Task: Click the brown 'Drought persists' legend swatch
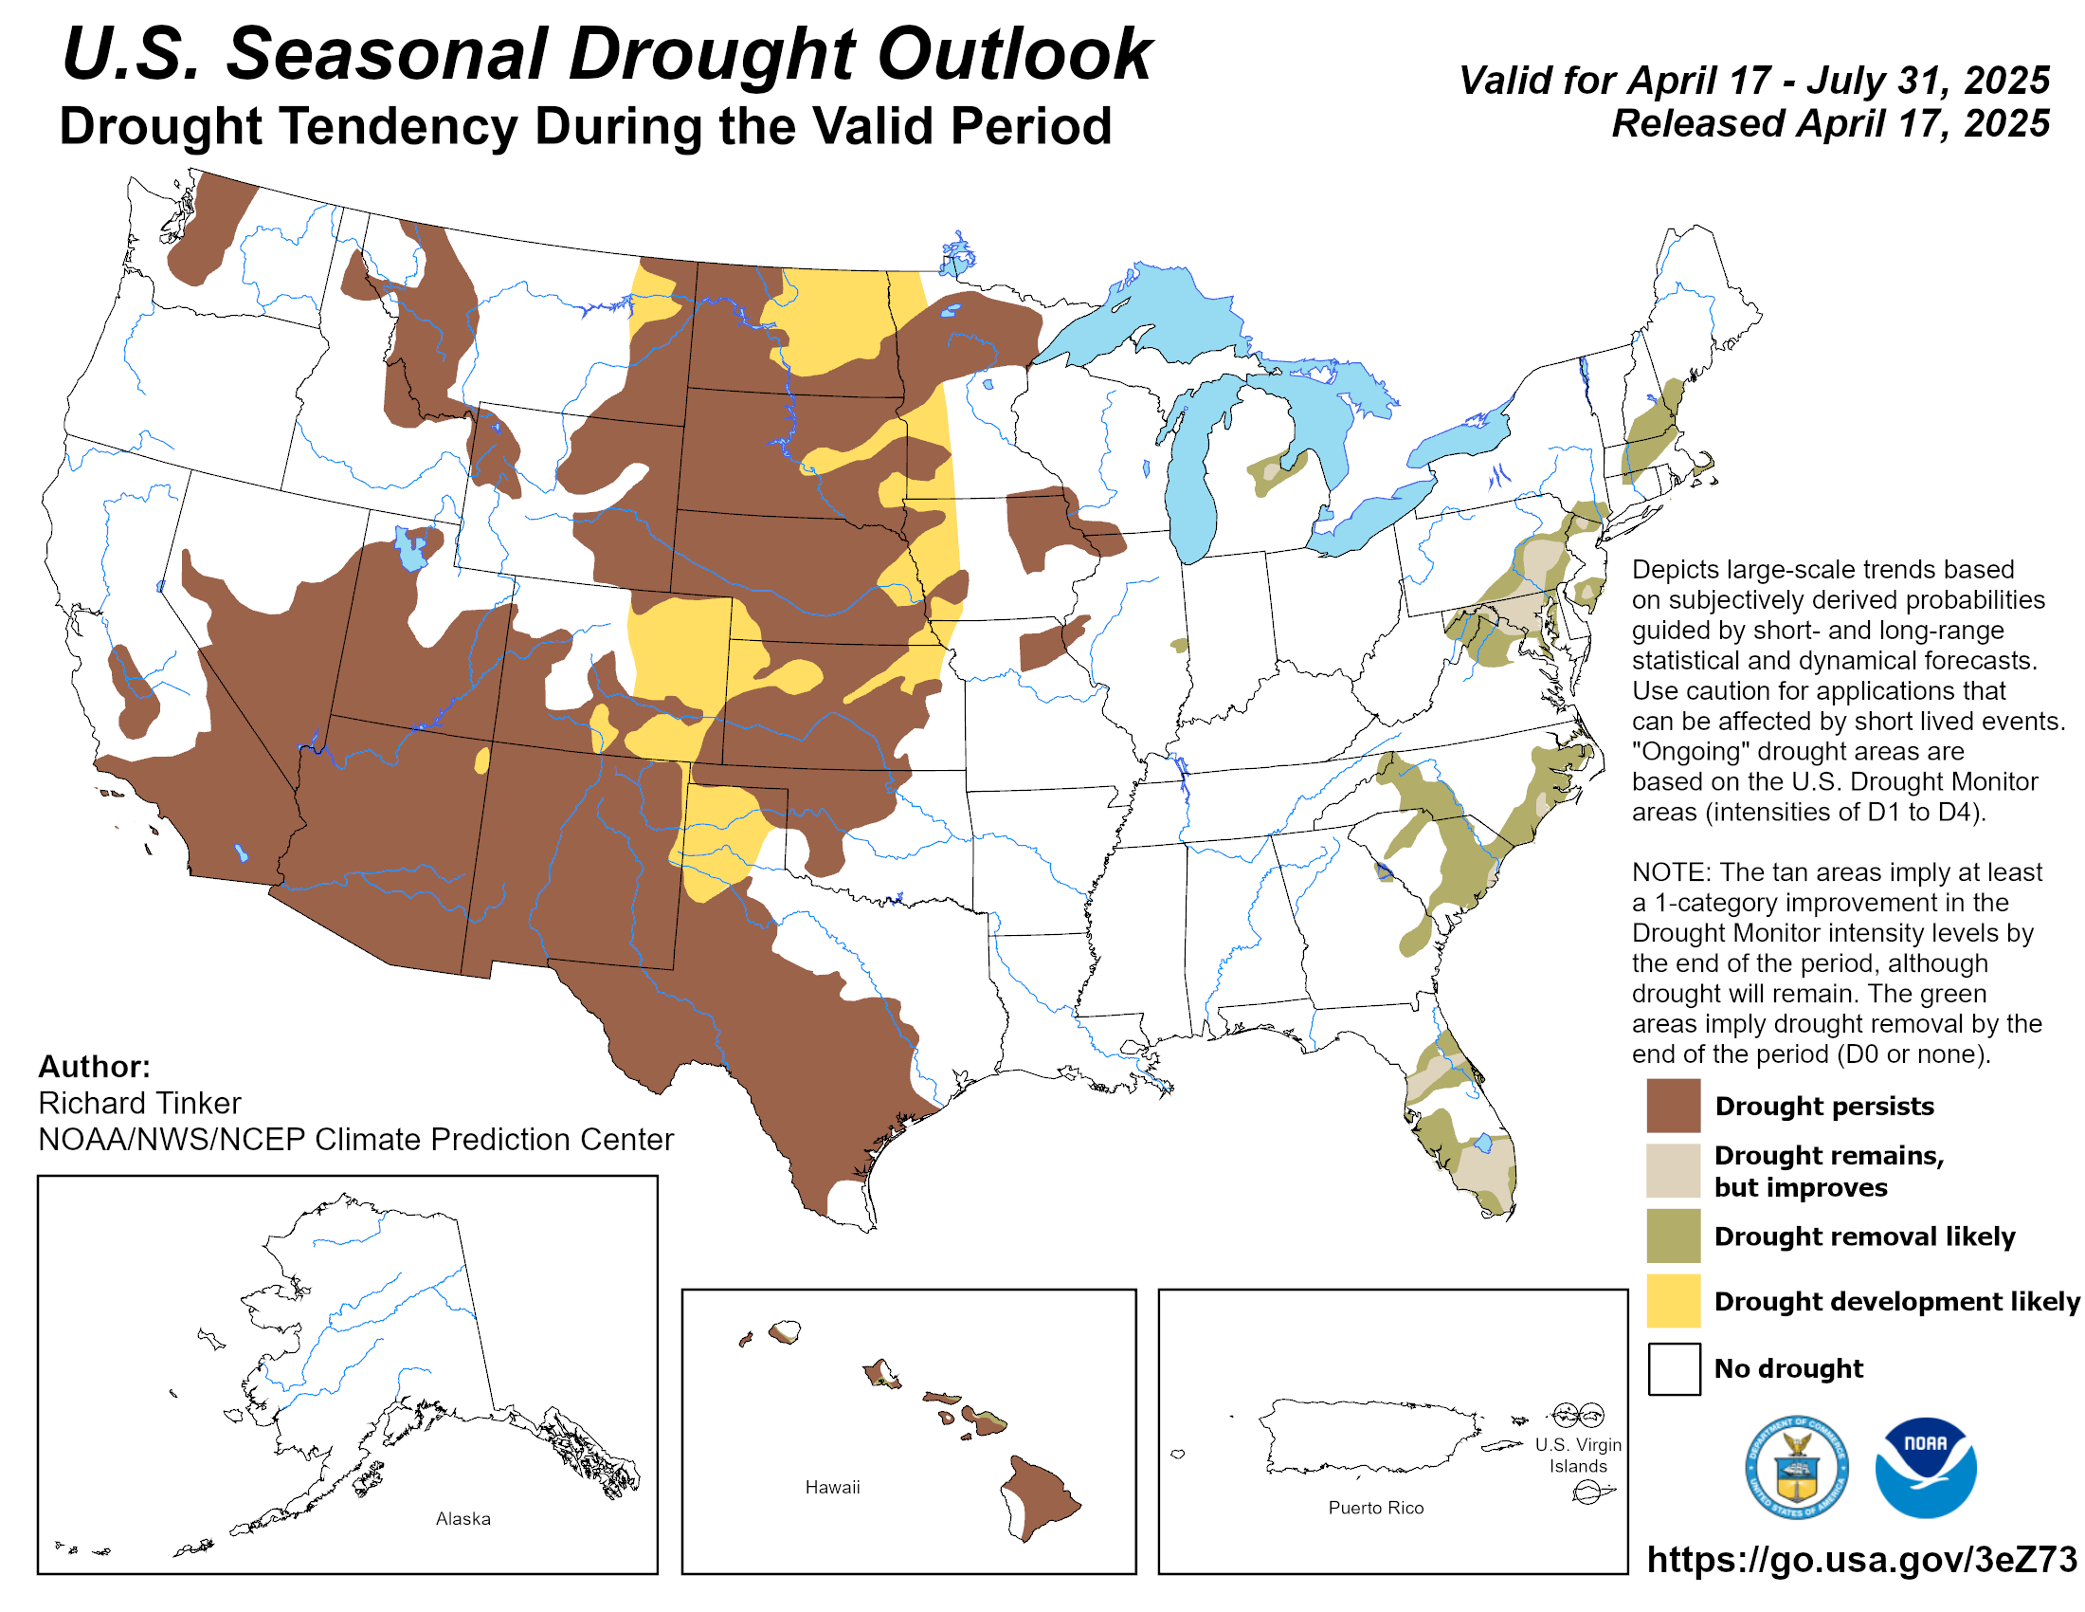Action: [1673, 1105]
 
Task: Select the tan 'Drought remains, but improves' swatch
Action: [1673, 1170]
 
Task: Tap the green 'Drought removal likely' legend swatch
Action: [1673, 1236]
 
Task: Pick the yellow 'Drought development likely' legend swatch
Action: [1673, 1301]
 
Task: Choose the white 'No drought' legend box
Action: [1673, 1368]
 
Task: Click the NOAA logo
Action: [1925, 1467]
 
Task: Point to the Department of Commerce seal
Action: [1796, 1467]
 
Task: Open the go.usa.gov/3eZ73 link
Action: [1861, 1560]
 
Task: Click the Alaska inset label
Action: [463, 1518]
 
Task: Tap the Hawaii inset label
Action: [832, 1487]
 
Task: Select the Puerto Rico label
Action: [1376, 1508]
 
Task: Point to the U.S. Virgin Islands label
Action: [1577, 1456]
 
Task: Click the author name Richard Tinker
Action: [139, 1103]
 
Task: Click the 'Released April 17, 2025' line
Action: [1830, 124]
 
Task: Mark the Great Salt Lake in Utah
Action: [411, 549]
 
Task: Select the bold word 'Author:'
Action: [95, 1067]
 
